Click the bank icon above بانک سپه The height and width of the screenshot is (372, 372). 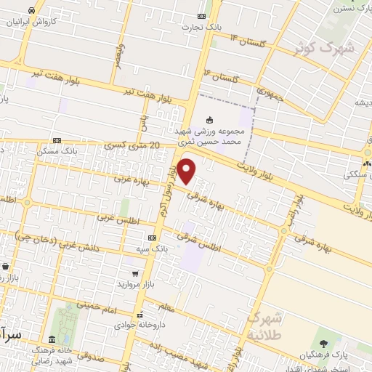(x=152, y=238)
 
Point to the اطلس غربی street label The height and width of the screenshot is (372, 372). (x=125, y=221)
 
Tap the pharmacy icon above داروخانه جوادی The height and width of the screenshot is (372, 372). (x=140, y=315)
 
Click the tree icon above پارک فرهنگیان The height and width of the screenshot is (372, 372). (x=323, y=343)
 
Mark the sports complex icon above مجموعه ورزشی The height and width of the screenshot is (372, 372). (x=211, y=119)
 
